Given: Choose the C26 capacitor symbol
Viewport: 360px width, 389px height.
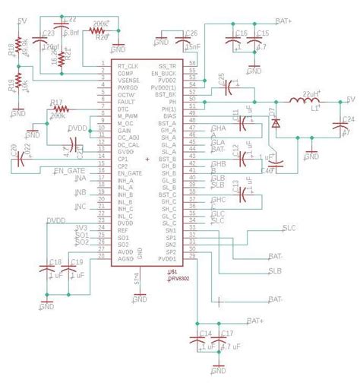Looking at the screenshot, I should pyautogui.click(x=181, y=43).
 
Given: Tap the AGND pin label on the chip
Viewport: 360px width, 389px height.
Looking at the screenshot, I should pyautogui.click(x=125, y=258).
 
